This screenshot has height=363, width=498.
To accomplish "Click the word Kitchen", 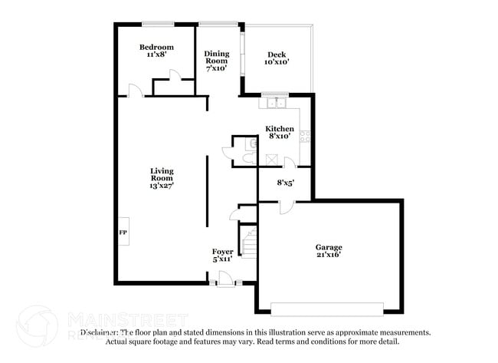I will point(280,128).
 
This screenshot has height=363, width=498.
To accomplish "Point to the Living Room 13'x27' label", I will point(162,178).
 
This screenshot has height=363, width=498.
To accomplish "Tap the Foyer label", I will point(223,252).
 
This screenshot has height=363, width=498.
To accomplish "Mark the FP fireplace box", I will point(123,231).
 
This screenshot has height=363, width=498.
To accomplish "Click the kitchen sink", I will point(273,102).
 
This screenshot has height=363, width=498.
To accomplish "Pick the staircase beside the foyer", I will point(248,243).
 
